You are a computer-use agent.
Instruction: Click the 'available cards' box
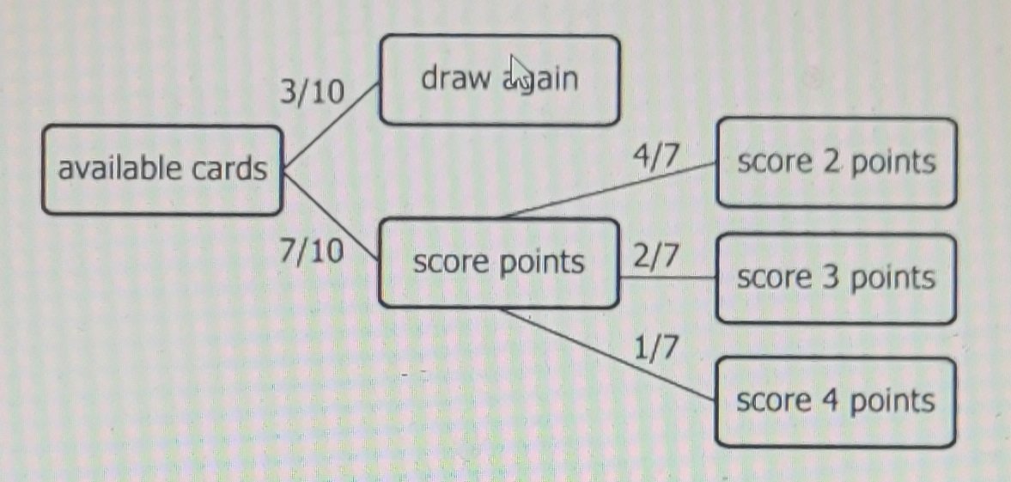coord(162,169)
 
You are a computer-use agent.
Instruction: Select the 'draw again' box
coord(499,80)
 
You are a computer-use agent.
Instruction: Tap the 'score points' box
coord(498,263)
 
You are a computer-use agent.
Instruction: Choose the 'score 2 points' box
coord(836,162)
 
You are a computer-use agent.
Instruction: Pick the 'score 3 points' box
coord(836,278)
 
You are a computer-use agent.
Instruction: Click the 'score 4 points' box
coord(835,402)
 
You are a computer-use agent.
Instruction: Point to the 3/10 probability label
coord(310,91)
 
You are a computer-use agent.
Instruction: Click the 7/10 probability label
coord(312,250)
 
